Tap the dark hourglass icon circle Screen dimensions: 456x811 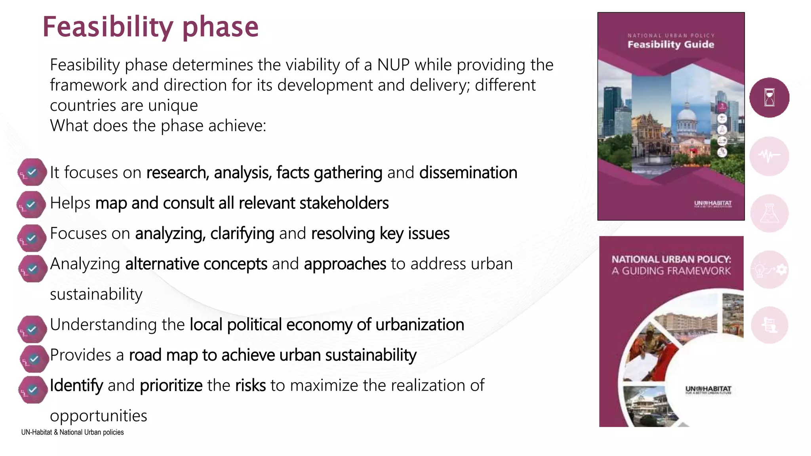pyautogui.click(x=769, y=97)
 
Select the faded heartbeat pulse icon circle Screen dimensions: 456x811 pyautogui.click(x=769, y=156)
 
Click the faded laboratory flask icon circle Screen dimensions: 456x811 pyautogui.click(x=769, y=213)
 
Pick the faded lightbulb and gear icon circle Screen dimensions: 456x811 pyautogui.click(x=769, y=270)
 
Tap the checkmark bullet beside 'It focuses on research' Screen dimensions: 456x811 pyautogui.click(x=32, y=172)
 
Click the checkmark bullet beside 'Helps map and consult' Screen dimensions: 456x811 pyautogui.click(x=31, y=205)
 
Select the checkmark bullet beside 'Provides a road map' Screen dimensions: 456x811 pyautogui.click(x=34, y=359)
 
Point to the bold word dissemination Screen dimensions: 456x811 pyautogui.click(x=468, y=173)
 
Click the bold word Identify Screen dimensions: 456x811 pyautogui.click(x=76, y=385)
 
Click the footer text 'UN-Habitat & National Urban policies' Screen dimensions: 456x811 pyautogui.click(x=72, y=432)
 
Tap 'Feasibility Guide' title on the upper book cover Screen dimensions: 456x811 pyautogui.click(x=671, y=44)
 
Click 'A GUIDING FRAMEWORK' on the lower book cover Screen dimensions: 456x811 pyautogui.click(x=671, y=271)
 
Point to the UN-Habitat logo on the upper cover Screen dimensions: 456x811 pyautogui.click(x=712, y=204)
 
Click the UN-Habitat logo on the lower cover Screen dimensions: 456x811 pyautogui.click(x=708, y=390)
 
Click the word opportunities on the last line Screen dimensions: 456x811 pyautogui.click(x=99, y=416)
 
